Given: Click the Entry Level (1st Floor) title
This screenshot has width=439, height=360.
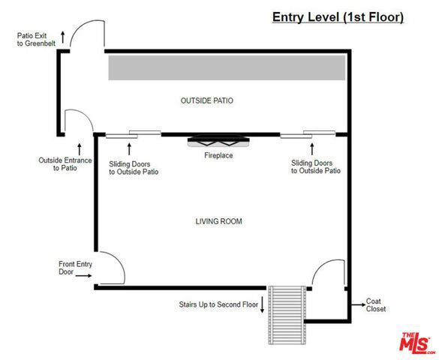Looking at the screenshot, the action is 338,17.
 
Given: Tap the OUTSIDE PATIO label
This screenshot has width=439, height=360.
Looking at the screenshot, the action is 207,100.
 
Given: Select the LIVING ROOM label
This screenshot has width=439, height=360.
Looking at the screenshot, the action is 218,221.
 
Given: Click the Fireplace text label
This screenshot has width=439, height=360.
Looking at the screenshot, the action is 218,155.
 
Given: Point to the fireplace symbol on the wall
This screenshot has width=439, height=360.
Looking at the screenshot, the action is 218,140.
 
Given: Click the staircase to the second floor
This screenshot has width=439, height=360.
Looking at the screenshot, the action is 287,315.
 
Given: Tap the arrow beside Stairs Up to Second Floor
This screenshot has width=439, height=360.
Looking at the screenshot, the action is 263,304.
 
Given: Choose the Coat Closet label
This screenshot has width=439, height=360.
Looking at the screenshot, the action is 376,305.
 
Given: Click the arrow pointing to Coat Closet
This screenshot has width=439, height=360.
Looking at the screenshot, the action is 359,304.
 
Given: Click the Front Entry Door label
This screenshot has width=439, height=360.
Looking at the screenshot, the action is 75,268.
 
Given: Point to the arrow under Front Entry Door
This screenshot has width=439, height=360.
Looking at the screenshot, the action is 83,275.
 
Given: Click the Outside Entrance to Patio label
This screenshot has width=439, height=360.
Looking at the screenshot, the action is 65,164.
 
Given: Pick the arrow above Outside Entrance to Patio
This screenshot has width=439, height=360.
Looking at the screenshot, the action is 80,149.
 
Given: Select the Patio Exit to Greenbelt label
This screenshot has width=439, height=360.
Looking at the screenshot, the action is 36,40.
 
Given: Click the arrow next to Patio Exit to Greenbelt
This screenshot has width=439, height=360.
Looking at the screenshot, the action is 63,37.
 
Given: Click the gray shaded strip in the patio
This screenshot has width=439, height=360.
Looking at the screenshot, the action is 227,67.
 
